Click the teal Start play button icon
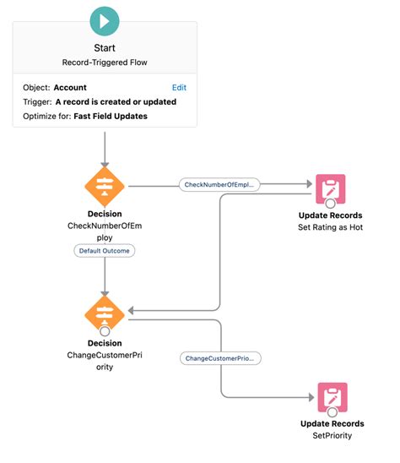[x=105, y=19]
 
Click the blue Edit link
[x=179, y=87]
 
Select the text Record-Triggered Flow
[x=105, y=63]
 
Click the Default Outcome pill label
[x=105, y=251]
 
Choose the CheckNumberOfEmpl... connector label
[x=219, y=183]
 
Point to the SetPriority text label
[x=332, y=436]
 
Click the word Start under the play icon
[x=105, y=48]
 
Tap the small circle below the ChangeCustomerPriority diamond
[x=105, y=330]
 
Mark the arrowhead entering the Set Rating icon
[x=306, y=183]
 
